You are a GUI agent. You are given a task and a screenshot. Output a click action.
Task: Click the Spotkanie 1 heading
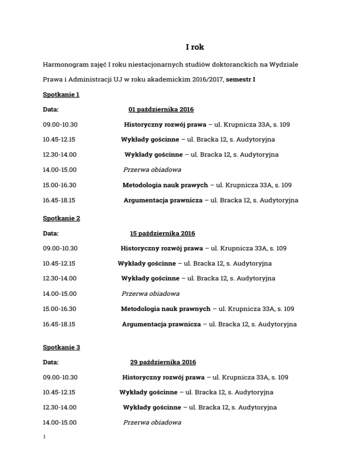click(61, 95)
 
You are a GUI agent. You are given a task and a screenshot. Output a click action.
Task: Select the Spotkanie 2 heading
click(61, 218)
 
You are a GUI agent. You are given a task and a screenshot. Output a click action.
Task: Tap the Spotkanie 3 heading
click(61, 347)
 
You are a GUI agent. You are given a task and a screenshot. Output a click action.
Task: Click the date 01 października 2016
click(161, 110)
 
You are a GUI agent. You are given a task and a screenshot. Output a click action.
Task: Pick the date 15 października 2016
click(162, 233)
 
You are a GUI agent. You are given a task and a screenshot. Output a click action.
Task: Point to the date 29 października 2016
click(163, 362)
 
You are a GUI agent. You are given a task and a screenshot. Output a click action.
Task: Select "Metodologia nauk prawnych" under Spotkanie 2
click(165, 309)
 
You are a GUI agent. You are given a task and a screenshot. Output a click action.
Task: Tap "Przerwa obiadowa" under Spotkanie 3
click(152, 422)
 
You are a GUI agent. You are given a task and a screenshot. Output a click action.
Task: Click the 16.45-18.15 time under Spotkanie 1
click(60, 200)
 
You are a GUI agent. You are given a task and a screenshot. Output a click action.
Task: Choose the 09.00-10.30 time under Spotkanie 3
click(60, 377)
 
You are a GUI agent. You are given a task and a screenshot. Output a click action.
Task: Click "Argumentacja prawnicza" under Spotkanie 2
click(161, 324)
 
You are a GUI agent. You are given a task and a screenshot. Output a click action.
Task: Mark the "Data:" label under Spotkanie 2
click(51, 233)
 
